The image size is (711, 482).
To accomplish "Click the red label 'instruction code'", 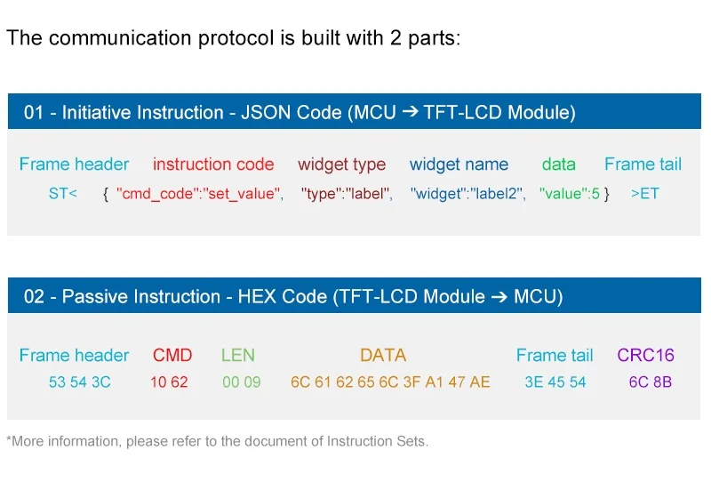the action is (x=213, y=165).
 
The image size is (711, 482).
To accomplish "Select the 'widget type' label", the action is (x=341, y=165).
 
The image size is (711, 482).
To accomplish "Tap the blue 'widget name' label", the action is (x=459, y=165).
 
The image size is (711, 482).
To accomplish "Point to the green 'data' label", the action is (x=558, y=165).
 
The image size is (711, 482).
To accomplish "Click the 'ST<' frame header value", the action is (x=63, y=193).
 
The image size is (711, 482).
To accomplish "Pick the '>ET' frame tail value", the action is (x=644, y=193).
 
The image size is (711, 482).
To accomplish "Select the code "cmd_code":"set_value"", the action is (x=199, y=193).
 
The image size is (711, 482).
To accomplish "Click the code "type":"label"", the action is (x=347, y=193).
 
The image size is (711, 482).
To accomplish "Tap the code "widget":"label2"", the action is (x=467, y=193).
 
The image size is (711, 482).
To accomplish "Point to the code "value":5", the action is (x=570, y=193).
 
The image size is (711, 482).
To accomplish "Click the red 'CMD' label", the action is (x=172, y=356).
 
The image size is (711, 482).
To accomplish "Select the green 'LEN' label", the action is (x=238, y=356).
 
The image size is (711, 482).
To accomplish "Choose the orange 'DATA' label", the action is (x=383, y=356).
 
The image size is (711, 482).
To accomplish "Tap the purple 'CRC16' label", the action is (x=645, y=356).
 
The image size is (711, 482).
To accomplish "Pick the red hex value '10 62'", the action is (x=169, y=383).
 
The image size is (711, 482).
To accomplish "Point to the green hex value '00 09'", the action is (x=242, y=383).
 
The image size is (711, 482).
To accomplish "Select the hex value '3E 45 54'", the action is (x=555, y=383).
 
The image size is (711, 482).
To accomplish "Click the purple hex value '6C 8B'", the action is (x=651, y=383).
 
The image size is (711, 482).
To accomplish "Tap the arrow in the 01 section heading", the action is (x=410, y=112).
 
